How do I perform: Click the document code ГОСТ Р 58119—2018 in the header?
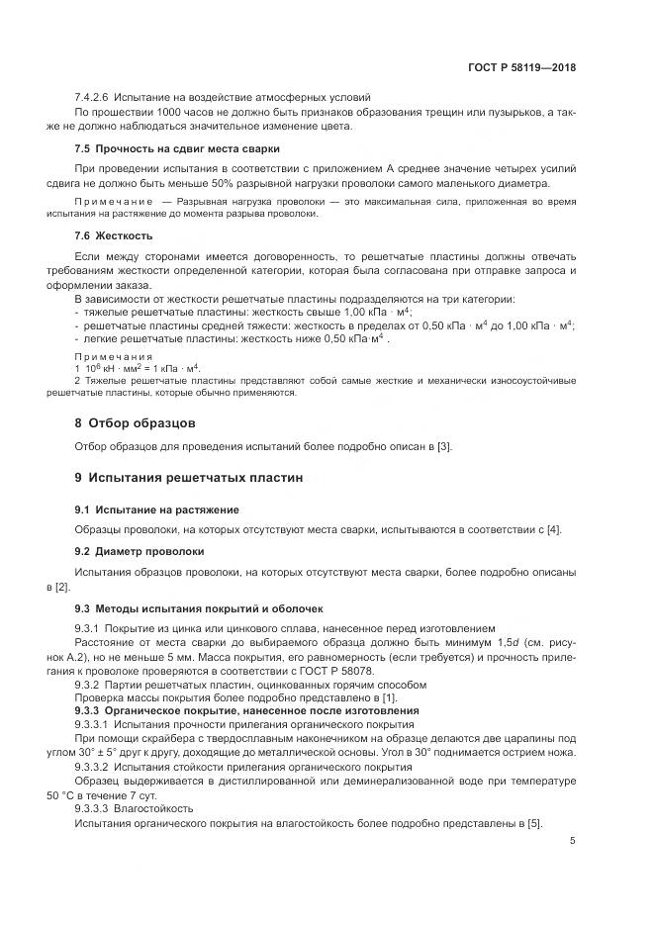(x=522, y=68)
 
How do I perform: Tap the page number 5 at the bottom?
(x=573, y=842)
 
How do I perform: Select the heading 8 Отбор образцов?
(x=128, y=422)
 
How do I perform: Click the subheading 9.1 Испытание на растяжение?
(x=156, y=509)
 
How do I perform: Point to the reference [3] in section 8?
(x=444, y=447)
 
